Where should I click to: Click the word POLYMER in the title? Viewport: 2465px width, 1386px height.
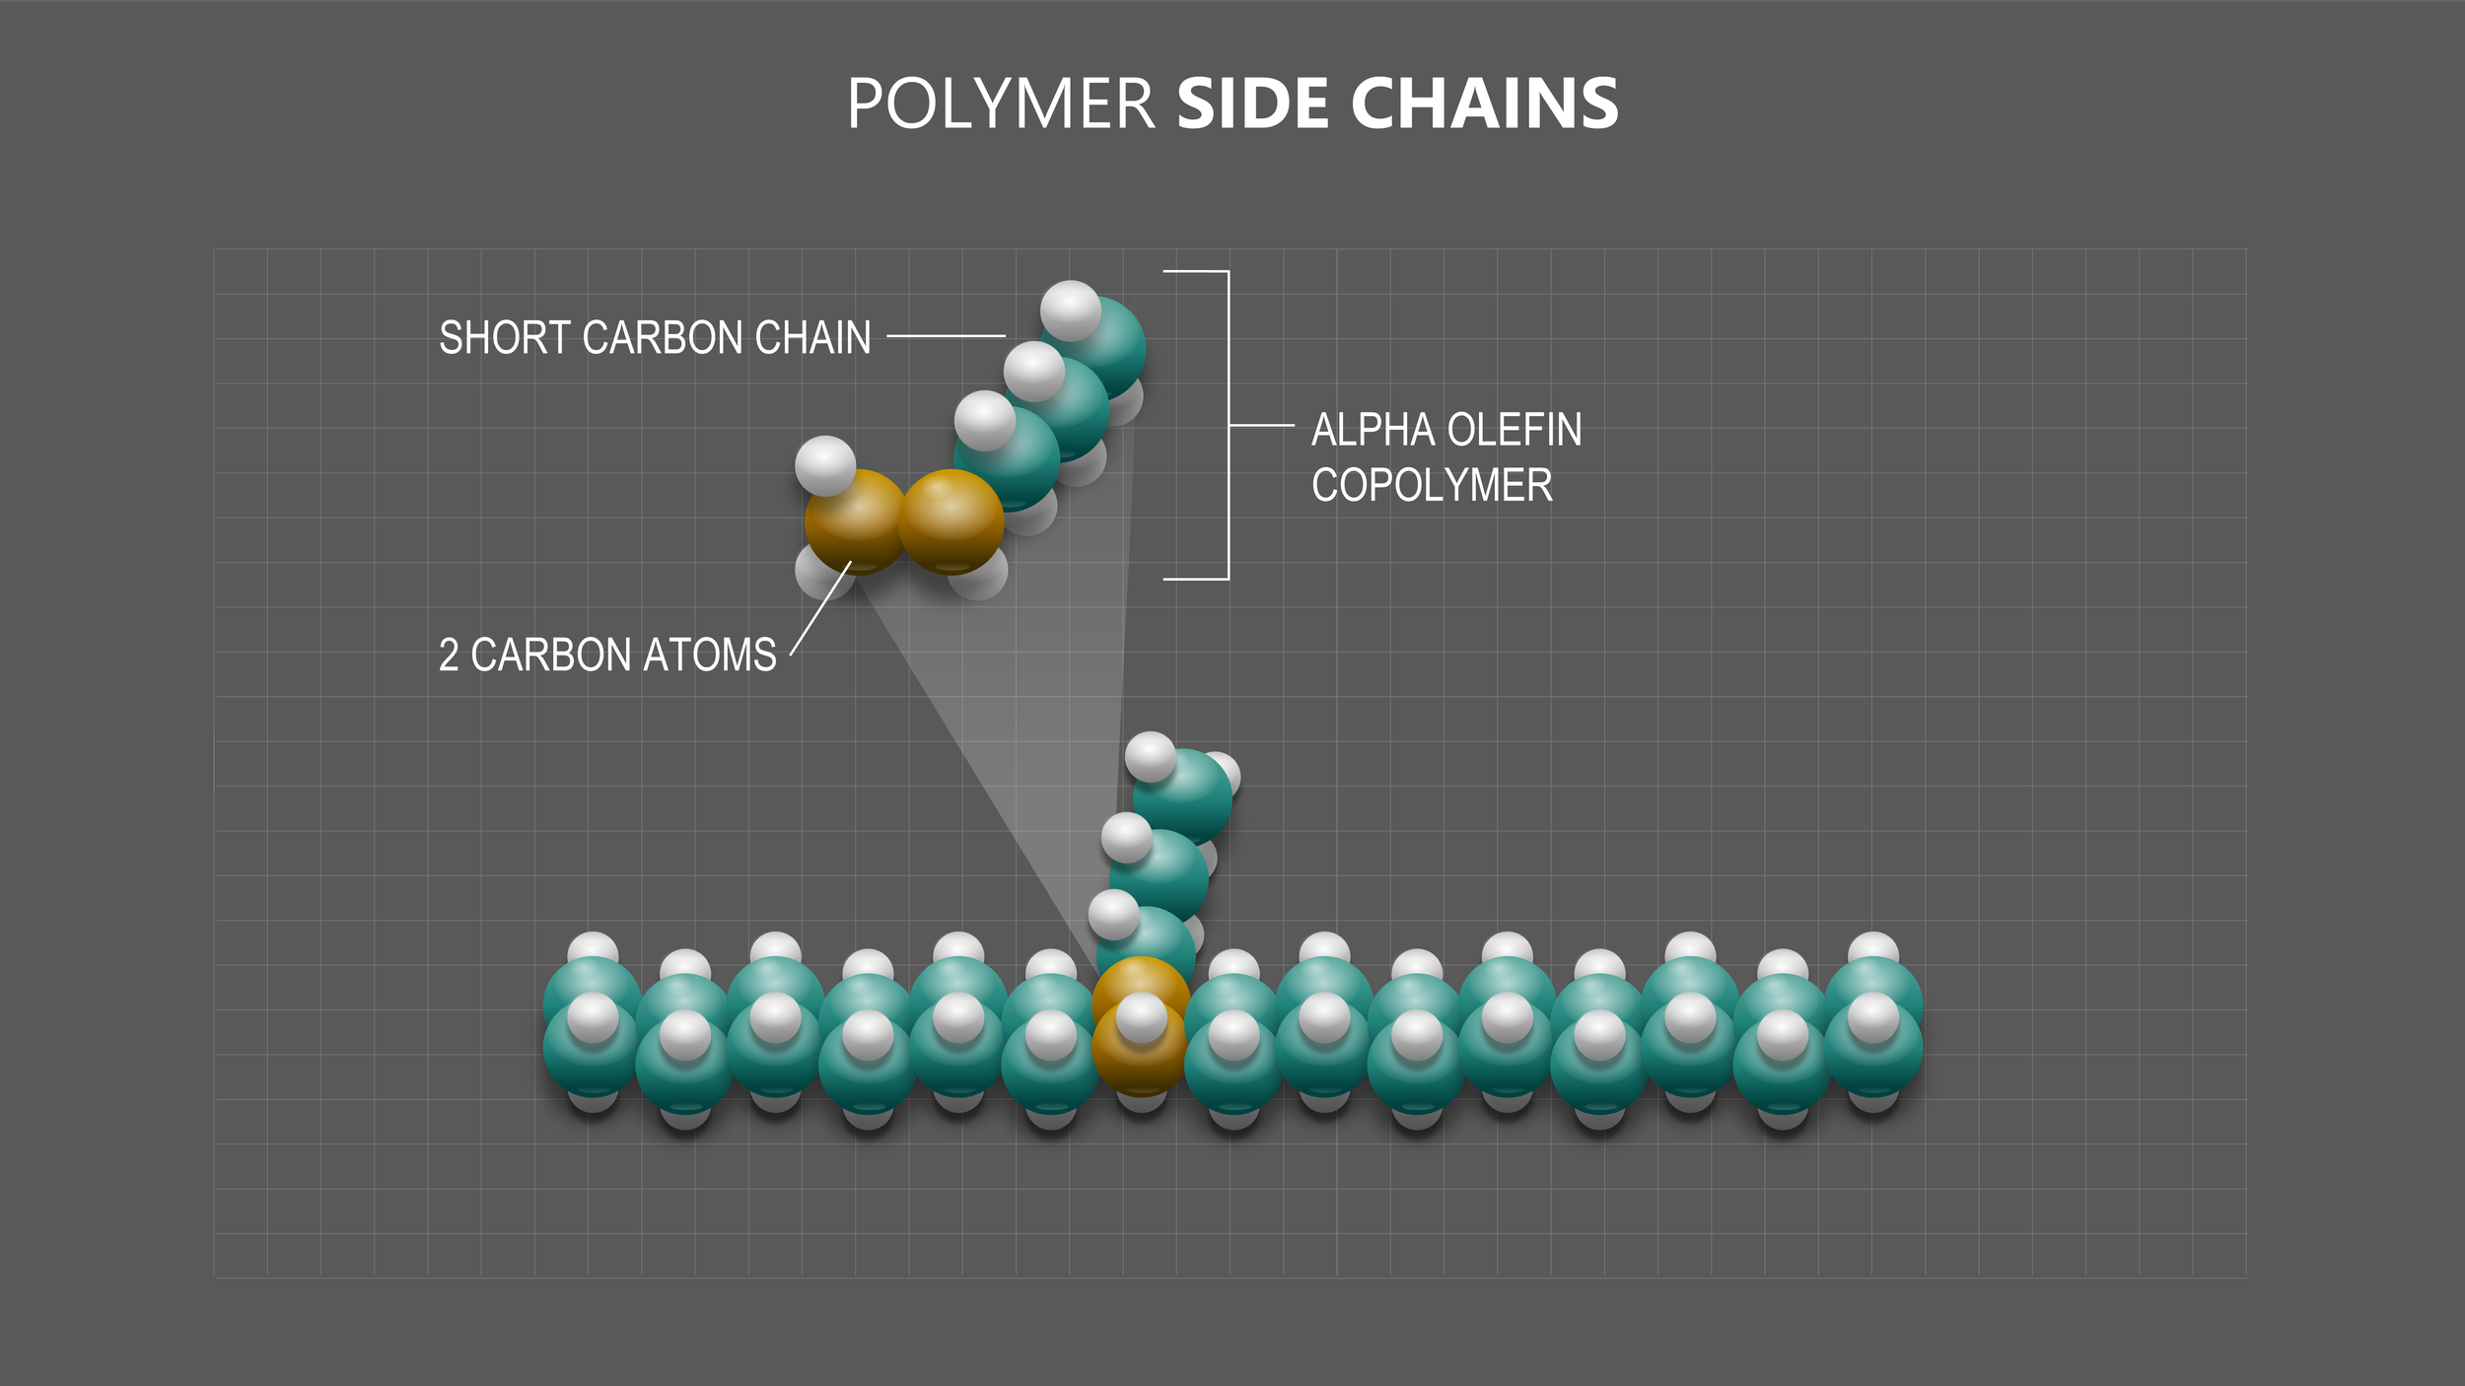point(1000,104)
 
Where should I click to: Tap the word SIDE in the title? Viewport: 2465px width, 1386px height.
point(1253,104)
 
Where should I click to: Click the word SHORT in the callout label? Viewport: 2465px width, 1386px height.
point(505,338)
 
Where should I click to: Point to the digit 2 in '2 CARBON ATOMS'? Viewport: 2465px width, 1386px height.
point(449,656)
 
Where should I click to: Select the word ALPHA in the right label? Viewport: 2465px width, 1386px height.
point(1373,430)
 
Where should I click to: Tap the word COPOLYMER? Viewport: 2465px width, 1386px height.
point(1432,485)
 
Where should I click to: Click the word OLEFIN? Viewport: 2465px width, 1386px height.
point(1514,430)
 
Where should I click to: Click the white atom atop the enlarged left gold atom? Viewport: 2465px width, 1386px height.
point(825,465)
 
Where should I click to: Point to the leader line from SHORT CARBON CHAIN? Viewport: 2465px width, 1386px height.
point(946,336)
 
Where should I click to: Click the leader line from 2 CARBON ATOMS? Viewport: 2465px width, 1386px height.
point(820,608)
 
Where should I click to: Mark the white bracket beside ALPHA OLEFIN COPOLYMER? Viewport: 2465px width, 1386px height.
point(1228,425)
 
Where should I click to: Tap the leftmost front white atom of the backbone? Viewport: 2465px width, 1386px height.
point(593,1017)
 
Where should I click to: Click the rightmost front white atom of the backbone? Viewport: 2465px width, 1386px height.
point(1873,1017)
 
